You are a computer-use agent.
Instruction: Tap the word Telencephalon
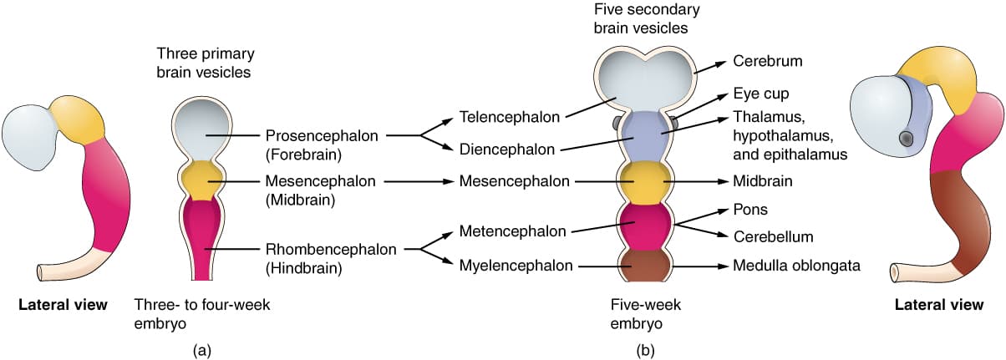pyautogui.click(x=510, y=117)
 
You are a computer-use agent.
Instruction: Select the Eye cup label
pyautogui.click(x=760, y=94)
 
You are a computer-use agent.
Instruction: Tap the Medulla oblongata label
pyautogui.click(x=796, y=266)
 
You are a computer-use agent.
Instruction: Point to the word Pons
pyautogui.click(x=749, y=210)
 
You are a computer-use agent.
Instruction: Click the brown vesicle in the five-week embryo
pyautogui.click(x=644, y=267)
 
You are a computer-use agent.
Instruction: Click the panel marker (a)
pyautogui.click(x=201, y=350)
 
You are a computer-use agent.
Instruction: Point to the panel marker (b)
pyautogui.click(x=644, y=350)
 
